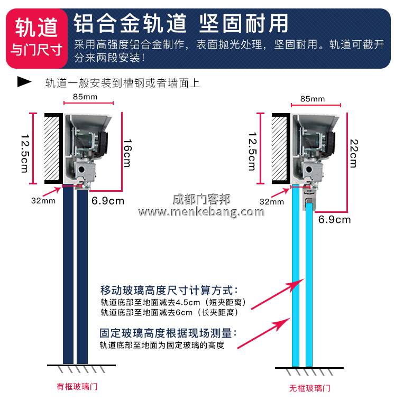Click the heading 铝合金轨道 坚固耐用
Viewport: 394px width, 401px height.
[x=181, y=23]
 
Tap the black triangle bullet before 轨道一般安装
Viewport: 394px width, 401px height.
[x=24, y=82]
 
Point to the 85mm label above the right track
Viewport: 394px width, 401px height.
[x=313, y=99]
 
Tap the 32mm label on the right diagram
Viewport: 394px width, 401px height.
[x=271, y=201]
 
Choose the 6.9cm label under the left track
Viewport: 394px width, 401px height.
[x=107, y=201]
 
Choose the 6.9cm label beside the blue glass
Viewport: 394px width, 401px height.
[x=334, y=219]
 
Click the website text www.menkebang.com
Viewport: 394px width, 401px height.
[x=201, y=212]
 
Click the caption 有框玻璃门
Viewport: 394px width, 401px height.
[x=77, y=386]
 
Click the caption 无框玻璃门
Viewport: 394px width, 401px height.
[x=310, y=388]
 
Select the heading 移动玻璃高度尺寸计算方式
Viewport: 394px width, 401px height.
[x=169, y=290]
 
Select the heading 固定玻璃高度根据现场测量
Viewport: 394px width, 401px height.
[x=168, y=333]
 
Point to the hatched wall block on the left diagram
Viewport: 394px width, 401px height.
[x=52, y=147]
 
